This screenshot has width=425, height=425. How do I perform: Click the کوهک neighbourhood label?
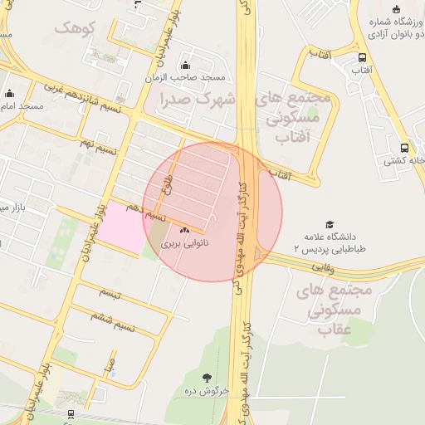(x=76, y=27)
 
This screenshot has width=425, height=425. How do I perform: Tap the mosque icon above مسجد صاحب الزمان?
(x=184, y=66)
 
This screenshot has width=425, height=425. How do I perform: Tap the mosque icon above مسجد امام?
(x=9, y=94)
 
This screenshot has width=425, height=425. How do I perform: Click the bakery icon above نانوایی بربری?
(x=184, y=230)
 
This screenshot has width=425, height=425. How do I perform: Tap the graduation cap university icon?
(x=330, y=225)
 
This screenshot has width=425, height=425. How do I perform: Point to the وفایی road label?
(x=321, y=267)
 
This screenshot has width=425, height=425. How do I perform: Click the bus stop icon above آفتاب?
(x=362, y=57)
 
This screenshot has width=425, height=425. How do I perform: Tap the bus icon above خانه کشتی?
(x=404, y=148)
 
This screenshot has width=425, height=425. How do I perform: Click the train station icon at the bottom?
(x=70, y=413)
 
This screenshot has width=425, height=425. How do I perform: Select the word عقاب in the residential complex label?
(x=338, y=330)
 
